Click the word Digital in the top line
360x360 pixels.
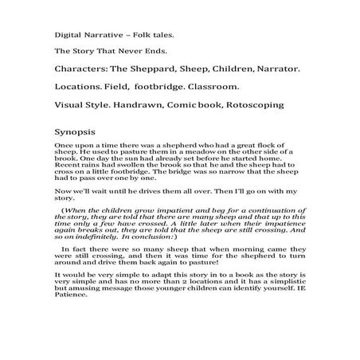pos(68,36)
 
